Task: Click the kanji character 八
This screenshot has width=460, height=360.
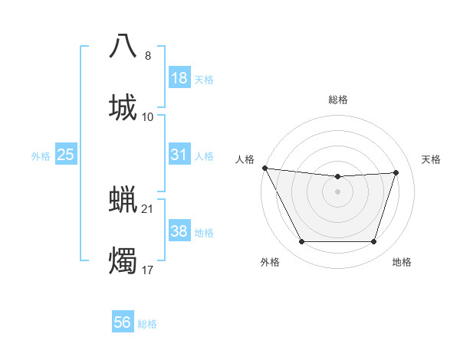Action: [x=123, y=46]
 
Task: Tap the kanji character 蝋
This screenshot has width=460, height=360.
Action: [x=123, y=199]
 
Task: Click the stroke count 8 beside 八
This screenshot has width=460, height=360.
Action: [x=148, y=56]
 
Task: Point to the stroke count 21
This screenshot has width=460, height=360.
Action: [x=148, y=208]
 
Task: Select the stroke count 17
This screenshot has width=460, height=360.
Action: [x=148, y=270]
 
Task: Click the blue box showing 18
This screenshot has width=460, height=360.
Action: [x=179, y=78]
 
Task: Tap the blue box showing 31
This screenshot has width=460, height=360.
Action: [x=179, y=155]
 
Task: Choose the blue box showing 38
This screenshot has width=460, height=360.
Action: [x=179, y=231]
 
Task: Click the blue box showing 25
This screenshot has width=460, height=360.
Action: [x=65, y=155]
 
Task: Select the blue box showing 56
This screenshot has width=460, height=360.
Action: [x=123, y=322]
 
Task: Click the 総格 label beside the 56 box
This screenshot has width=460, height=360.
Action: [x=147, y=324]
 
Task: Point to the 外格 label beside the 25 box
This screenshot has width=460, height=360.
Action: [x=41, y=156]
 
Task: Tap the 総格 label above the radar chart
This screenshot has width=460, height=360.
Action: [x=338, y=100]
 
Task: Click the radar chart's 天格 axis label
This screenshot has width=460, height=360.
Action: [x=432, y=159]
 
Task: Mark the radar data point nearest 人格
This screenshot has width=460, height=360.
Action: [x=264, y=168]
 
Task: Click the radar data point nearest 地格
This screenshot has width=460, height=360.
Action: [x=374, y=242]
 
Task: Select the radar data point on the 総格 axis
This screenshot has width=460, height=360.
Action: [x=338, y=177]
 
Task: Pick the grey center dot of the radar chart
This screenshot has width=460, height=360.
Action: [x=338, y=191]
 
